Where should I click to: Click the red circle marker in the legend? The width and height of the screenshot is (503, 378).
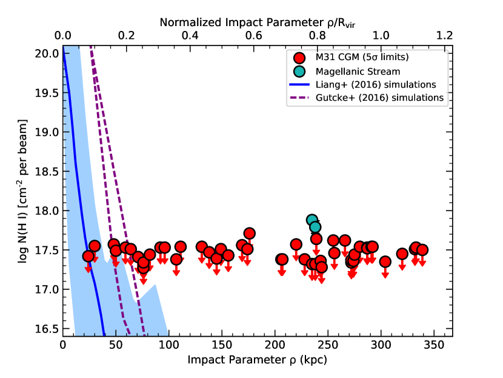[299, 58]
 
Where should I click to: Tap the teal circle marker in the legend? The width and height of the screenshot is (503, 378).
[299, 71]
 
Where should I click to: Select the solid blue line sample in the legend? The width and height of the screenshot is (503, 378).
[299, 84]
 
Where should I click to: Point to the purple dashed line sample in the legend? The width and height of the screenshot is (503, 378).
[299, 98]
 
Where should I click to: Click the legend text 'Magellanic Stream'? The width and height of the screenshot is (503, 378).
[358, 71]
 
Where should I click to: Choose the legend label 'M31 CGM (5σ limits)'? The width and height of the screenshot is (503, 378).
[362, 58]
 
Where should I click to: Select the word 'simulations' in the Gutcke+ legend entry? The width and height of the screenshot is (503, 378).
[418, 98]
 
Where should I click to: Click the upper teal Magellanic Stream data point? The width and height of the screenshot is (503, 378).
[312, 220]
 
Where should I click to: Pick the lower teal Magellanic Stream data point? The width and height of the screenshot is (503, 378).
[315, 227]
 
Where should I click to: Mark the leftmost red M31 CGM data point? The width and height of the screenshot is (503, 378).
[88, 256]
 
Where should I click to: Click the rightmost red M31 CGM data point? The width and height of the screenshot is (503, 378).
[422, 250]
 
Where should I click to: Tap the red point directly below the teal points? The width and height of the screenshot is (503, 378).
[316, 239]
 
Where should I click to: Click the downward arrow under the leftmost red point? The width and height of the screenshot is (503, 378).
[88, 268]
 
